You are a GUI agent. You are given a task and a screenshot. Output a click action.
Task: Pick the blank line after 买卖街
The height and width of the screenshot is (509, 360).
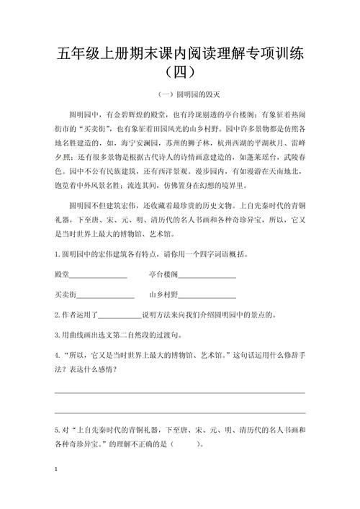click(x=105, y=296)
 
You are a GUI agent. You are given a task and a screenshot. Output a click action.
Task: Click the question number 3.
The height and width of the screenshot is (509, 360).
click(x=57, y=335)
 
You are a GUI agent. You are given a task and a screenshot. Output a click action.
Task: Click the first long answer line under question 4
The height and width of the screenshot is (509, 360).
click(x=179, y=392)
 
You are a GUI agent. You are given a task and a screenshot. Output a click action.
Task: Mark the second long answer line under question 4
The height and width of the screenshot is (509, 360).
click(x=179, y=413)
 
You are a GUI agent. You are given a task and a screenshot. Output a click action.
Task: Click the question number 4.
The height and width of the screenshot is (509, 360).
click(x=57, y=356)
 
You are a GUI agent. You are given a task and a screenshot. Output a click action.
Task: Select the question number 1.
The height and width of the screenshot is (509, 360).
click(x=57, y=255)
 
